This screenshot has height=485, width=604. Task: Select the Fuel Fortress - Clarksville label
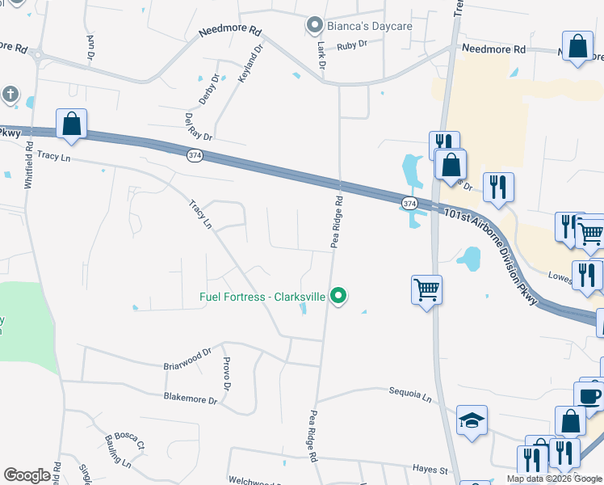(262, 297)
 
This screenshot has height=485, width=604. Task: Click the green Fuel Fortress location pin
(340, 297)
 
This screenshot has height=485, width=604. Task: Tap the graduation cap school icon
(472, 420)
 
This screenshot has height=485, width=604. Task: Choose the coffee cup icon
(591, 396)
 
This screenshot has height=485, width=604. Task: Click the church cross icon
(9, 94)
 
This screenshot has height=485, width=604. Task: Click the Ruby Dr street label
(352, 46)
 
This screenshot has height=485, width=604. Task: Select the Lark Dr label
(321, 54)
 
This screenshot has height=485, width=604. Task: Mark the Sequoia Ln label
(410, 395)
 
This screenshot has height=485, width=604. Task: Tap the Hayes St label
(431, 470)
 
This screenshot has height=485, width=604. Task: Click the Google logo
(27, 475)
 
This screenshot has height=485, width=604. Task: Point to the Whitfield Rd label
(29, 166)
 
